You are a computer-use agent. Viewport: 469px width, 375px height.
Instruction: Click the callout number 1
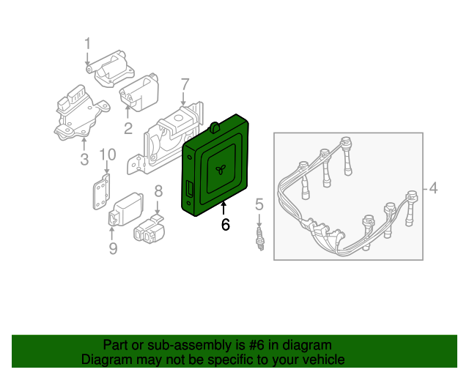pos(87,44)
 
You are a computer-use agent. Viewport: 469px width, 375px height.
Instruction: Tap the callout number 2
pos(128,128)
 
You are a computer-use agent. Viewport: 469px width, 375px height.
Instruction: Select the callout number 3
pos(84,159)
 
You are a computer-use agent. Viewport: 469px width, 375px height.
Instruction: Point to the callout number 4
pos(433,188)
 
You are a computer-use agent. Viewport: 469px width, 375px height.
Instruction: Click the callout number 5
pos(259,204)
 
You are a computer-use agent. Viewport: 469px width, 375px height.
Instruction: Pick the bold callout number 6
pos(225,224)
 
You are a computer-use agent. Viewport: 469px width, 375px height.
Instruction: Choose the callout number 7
pos(185,84)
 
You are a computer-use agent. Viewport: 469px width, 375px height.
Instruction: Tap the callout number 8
pos(158,191)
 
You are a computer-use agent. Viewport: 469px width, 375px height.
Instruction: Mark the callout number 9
pos(113,248)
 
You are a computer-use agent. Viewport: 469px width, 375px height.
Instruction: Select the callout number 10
pos(108,155)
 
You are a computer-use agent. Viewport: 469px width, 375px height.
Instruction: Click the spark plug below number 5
pos(260,239)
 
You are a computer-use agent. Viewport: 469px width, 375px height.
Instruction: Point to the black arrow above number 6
pos(224,209)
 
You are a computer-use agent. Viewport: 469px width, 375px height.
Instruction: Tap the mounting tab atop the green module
pos(215,127)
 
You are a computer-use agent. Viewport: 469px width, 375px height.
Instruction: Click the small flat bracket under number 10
pos(101,192)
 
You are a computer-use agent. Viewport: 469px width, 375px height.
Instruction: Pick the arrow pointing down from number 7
pos(183,98)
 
